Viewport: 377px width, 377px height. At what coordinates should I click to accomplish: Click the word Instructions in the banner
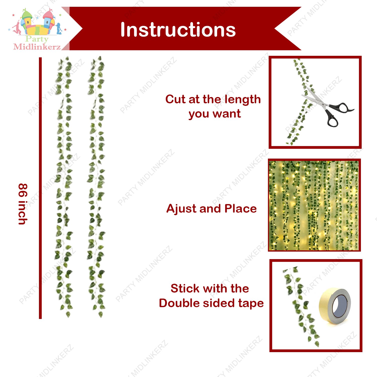[178, 30]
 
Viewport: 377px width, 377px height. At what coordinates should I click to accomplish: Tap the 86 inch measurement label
[23, 204]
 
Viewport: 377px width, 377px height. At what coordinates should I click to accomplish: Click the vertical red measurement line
[40, 188]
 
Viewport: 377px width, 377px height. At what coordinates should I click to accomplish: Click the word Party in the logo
[37, 39]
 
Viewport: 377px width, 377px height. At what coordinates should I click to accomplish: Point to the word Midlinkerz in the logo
[37, 47]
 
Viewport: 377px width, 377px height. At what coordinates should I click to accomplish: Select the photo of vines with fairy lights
[314, 205]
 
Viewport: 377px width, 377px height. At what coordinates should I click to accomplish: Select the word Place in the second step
[241, 209]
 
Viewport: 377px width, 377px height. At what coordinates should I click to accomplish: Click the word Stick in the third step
[185, 288]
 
